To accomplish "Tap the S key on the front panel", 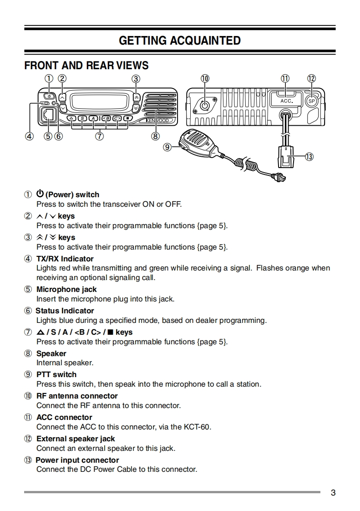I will [x=82, y=119].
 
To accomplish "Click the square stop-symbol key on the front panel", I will [x=128, y=119].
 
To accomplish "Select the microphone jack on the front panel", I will [x=48, y=116].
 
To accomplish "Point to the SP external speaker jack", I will [x=312, y=101].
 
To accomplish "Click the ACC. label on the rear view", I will [x=286, y=101].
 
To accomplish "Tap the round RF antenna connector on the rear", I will [x=205, y=106].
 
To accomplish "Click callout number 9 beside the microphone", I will [x=167, y=147].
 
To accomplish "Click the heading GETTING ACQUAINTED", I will [x=180, y=41].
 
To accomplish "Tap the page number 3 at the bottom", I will [x=333, y=493].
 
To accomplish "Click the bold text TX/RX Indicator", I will [x=65, y=259].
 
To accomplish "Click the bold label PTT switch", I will [x=56, y=374].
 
